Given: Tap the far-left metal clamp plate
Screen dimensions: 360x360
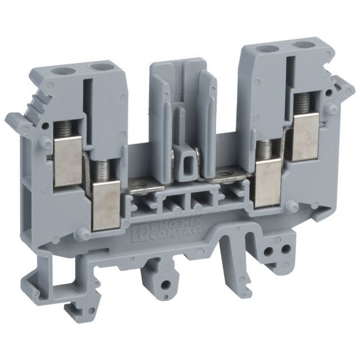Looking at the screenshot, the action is click(x=68, y=161).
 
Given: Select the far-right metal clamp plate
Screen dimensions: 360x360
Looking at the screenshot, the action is click(x=306, y=137).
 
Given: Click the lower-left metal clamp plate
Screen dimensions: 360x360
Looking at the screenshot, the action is click(x=106, y=205).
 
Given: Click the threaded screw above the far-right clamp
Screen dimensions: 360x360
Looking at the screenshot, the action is click(x=303, y=105).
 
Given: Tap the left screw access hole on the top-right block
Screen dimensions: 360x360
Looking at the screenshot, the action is click(x=265, y=49).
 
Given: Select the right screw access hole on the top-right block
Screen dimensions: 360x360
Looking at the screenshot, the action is click(x=302, y=44).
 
